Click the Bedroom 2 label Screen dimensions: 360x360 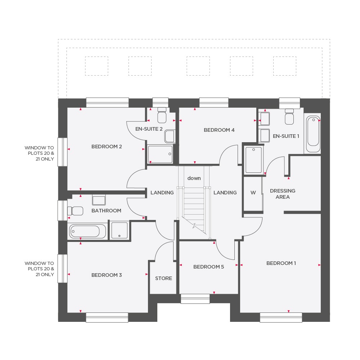[107, 147]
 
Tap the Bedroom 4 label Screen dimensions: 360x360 [219, 130]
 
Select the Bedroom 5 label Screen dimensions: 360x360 [208, 267]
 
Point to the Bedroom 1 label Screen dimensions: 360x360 [281, 263]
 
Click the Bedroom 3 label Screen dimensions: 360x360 [107, 275]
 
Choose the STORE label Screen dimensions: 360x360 [163, 278]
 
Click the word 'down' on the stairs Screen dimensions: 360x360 [194, 178]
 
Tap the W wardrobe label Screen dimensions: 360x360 [253, 193]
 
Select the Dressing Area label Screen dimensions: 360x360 [283, 194]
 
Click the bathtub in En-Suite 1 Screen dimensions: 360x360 [312, 134]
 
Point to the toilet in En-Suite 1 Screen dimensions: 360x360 [290, 117]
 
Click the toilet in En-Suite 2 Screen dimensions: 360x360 [162, 115]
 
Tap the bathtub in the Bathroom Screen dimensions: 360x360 [87, 231]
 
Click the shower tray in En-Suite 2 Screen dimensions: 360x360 [160, 154]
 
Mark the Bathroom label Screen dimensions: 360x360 [106, 211]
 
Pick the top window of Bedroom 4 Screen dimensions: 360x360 [214, 103]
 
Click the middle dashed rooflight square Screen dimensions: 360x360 [198, 66]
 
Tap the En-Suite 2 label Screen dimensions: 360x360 [149, 129]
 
